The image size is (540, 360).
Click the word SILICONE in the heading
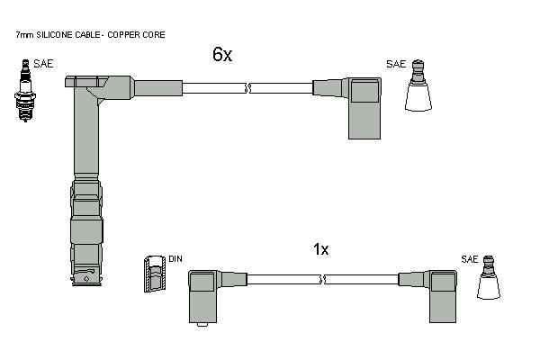click(54, 35)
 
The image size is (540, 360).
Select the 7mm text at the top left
click(25, 35)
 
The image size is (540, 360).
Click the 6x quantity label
click(222, 54)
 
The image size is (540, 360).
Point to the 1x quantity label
click(320, 249)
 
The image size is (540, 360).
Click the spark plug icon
click(25, 91)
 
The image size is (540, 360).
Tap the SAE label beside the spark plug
click(43, 64)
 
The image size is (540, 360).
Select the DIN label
click(175, 258)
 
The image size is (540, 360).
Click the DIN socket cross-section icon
click(155, 274)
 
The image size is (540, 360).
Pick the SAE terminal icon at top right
click(418, 85)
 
